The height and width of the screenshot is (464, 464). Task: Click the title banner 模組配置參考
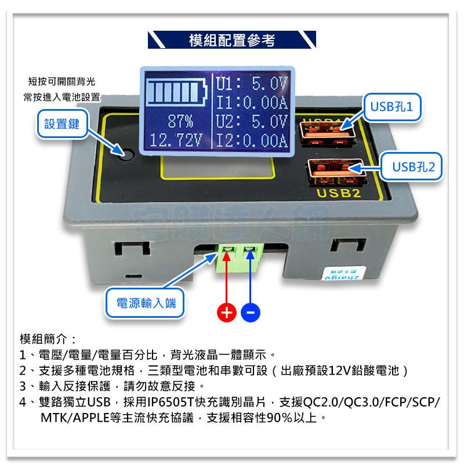coord(232,40)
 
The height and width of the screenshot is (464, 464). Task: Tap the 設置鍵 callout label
coord(61,124)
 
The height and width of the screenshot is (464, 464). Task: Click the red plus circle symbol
coord(227,313)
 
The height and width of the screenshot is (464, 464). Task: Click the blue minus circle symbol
coord(251,313)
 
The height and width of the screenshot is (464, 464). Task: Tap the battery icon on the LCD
coord(177,92)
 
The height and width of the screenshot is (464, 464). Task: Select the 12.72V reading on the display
coord(176,140)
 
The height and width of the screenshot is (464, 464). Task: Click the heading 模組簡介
coord(48,339)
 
